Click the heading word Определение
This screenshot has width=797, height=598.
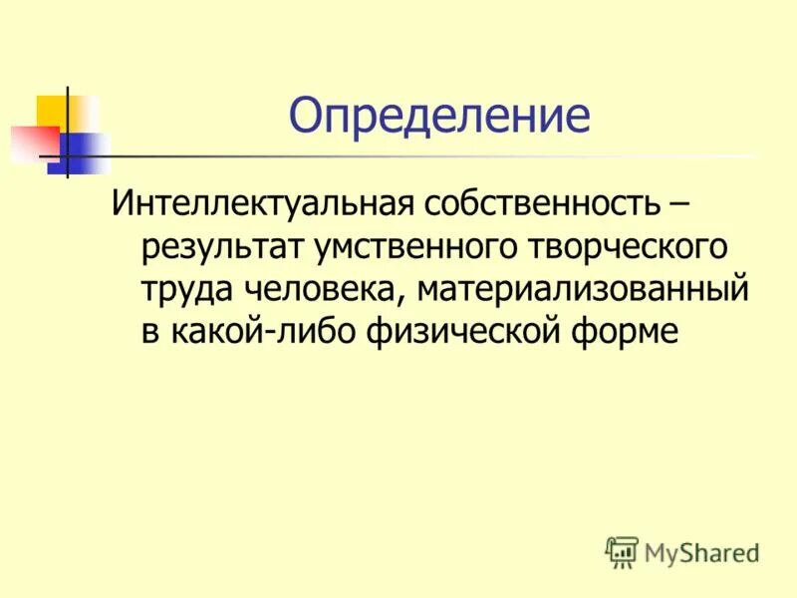click(439, 118)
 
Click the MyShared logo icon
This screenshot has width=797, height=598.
click(622, 551)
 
